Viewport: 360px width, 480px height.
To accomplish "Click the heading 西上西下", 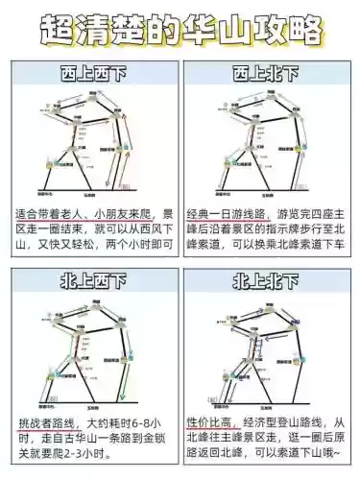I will (93, 74).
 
